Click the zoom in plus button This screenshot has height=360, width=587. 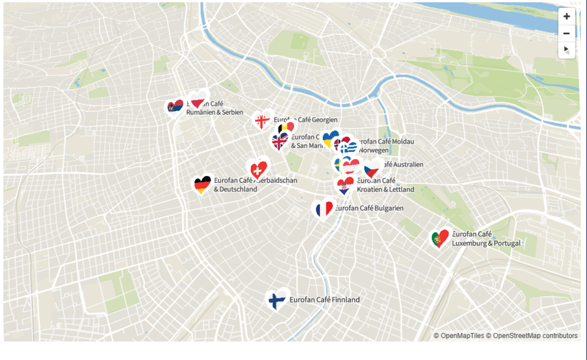566,17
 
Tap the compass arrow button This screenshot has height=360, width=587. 566,50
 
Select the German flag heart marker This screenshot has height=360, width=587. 202,184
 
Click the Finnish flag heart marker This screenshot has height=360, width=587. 277,300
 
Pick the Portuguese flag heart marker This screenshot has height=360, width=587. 439,239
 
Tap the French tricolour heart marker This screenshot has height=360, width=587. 323,210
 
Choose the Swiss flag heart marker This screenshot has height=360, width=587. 257,169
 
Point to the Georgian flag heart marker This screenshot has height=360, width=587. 262,121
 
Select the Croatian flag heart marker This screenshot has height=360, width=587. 344,186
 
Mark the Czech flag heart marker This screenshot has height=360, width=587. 372,169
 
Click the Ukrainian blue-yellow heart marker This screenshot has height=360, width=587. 330,139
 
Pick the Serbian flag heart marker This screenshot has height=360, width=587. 175,107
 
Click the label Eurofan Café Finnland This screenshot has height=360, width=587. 324,300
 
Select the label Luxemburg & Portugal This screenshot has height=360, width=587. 486,243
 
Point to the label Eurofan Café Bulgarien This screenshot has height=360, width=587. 369,208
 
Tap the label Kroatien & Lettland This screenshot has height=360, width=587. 385,189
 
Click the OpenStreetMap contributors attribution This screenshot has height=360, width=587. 534,336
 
